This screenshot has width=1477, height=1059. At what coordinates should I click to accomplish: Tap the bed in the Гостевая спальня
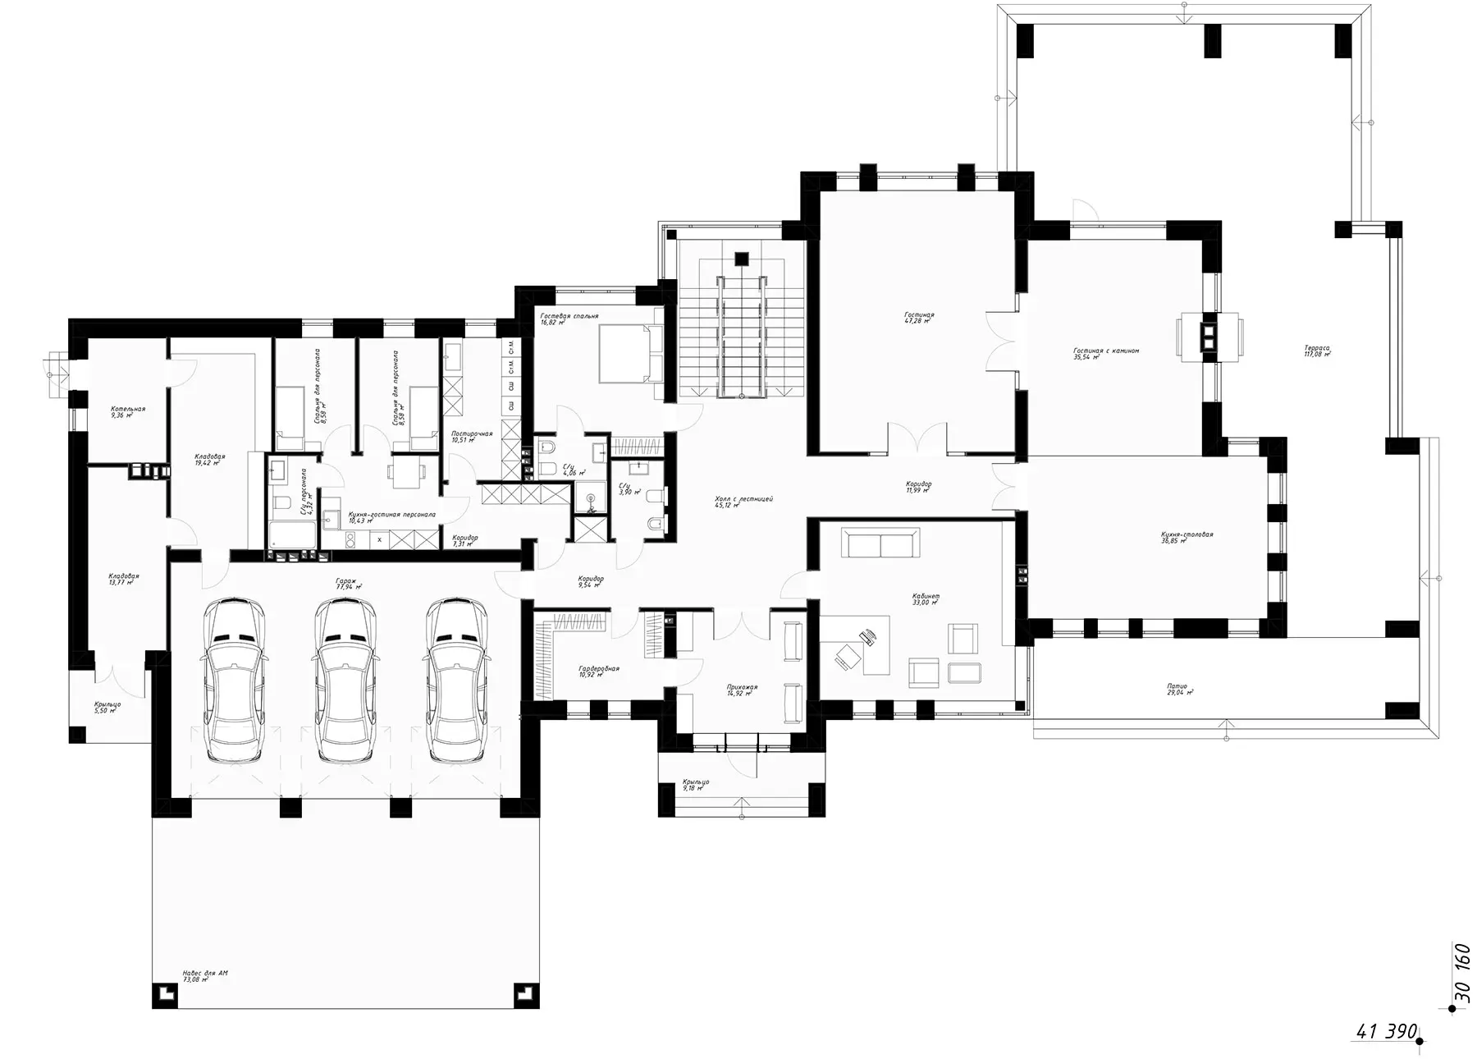click(629, 354)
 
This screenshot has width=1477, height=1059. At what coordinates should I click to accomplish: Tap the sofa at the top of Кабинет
click(883, 544)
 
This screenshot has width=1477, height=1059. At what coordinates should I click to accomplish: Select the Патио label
click(1178, 687)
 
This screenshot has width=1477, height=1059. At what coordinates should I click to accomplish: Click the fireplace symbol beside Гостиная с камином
click(1210, 335)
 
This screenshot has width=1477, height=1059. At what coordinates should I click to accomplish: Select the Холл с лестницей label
click(743, 500)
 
